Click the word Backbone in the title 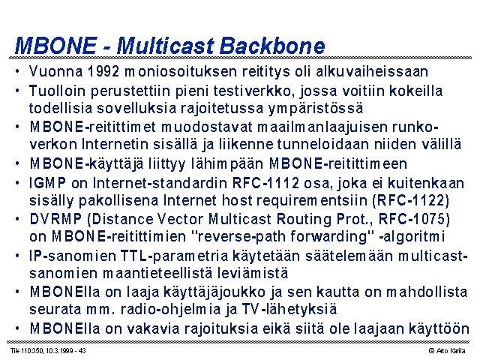pyautogui.click(x=272, y=46)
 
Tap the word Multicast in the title pyautogui.click(x=165, y=46)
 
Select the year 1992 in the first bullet pyautogui.click(x=103, y=71)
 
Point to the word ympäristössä pyautogui.click(x=316, y=108)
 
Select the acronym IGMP pyautogui.click(x=48, y=183)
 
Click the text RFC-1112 pyautogui.click(x=265, y=183)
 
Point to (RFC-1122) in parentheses pyautogui.click(x=411, y=200)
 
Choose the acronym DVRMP pyautogui.click(x=55, y=219)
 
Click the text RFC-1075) pyautogui.click(x=414, y=219)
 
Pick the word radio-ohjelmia pyautogui.click(x=170, y=309)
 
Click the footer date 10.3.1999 pyautogui.click(x=58, y=351)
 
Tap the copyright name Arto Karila pyautogui.click(x=451, y=351)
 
